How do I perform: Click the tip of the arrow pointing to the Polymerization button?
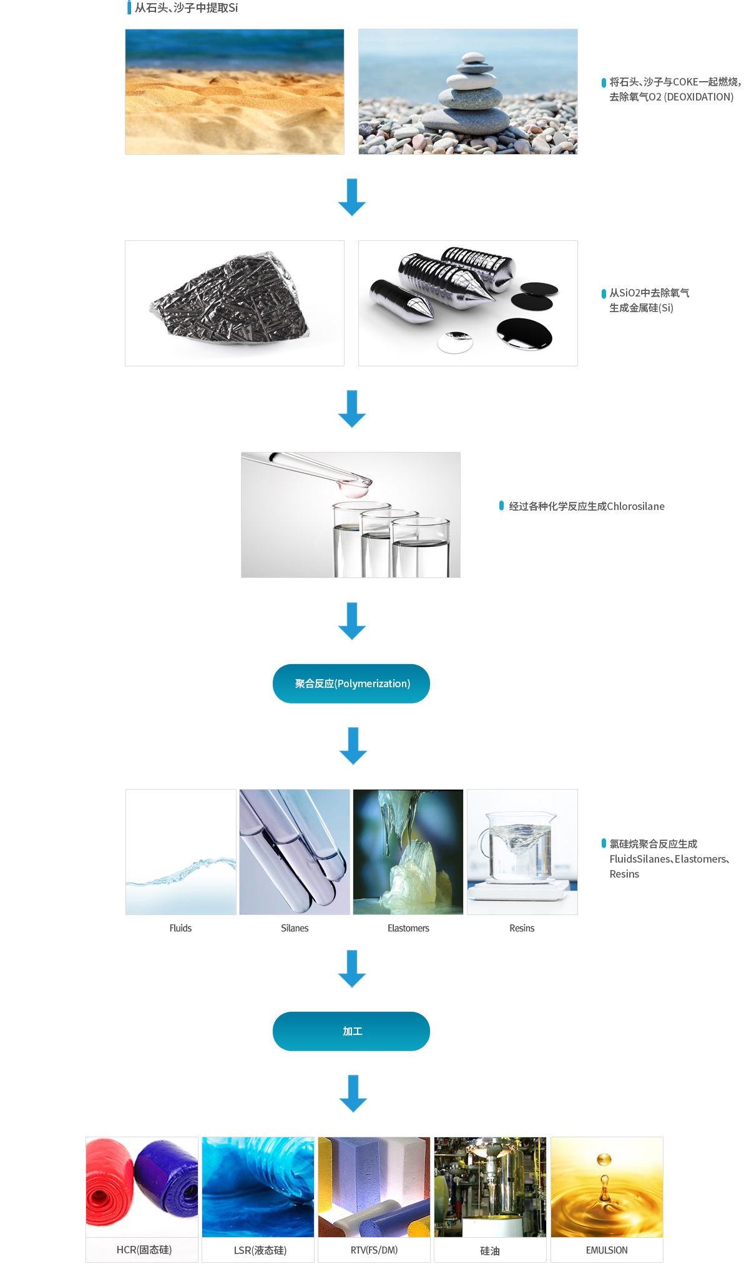point(352,639)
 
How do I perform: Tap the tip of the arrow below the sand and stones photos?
point(352,216)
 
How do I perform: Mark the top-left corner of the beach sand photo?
point(125,29)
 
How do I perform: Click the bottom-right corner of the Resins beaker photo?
point(577,914)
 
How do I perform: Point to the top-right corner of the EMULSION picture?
point(663,1137)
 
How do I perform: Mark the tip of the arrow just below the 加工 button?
point(353,1112)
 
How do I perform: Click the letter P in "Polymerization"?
point(340,683)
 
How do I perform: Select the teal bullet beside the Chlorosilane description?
point(501,506)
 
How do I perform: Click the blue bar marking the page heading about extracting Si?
point(129,7)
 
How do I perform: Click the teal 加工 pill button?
point(351,1031)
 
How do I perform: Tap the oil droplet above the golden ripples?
point(604,1160)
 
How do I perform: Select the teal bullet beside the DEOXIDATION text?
point(604,82)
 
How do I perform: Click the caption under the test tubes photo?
point(295,928)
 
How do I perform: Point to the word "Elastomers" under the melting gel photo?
point(408,928)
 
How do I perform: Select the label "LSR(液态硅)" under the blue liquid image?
point(260,1250)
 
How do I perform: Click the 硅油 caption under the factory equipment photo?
point(490,1251)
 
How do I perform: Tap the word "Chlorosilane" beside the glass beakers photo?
point(635,506)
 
